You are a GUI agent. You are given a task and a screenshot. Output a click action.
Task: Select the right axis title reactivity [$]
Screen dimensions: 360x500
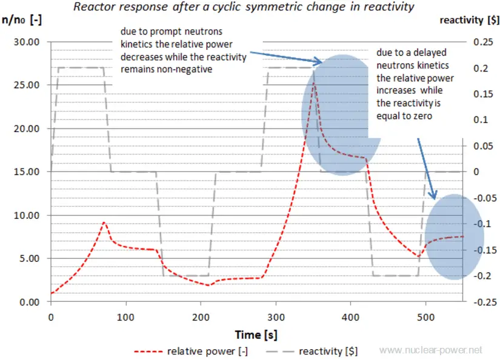(x=469, y=20)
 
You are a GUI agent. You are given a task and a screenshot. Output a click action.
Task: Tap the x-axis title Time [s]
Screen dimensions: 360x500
(x=256, y=335)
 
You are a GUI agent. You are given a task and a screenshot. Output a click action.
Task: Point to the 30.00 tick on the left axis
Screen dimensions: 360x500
(x=25, y=42)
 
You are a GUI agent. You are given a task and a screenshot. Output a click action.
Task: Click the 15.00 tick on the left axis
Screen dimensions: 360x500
(x=25, y=172)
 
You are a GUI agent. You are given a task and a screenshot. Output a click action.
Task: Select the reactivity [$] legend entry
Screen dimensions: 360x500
(x=315, y=350)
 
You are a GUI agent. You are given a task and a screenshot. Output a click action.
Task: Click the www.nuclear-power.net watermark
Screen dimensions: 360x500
(x=430, y=350)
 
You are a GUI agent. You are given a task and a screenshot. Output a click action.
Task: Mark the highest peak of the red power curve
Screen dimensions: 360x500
(x=314, y=82)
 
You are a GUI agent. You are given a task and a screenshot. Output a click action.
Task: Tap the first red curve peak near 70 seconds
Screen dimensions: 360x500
(x=104, y=222)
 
